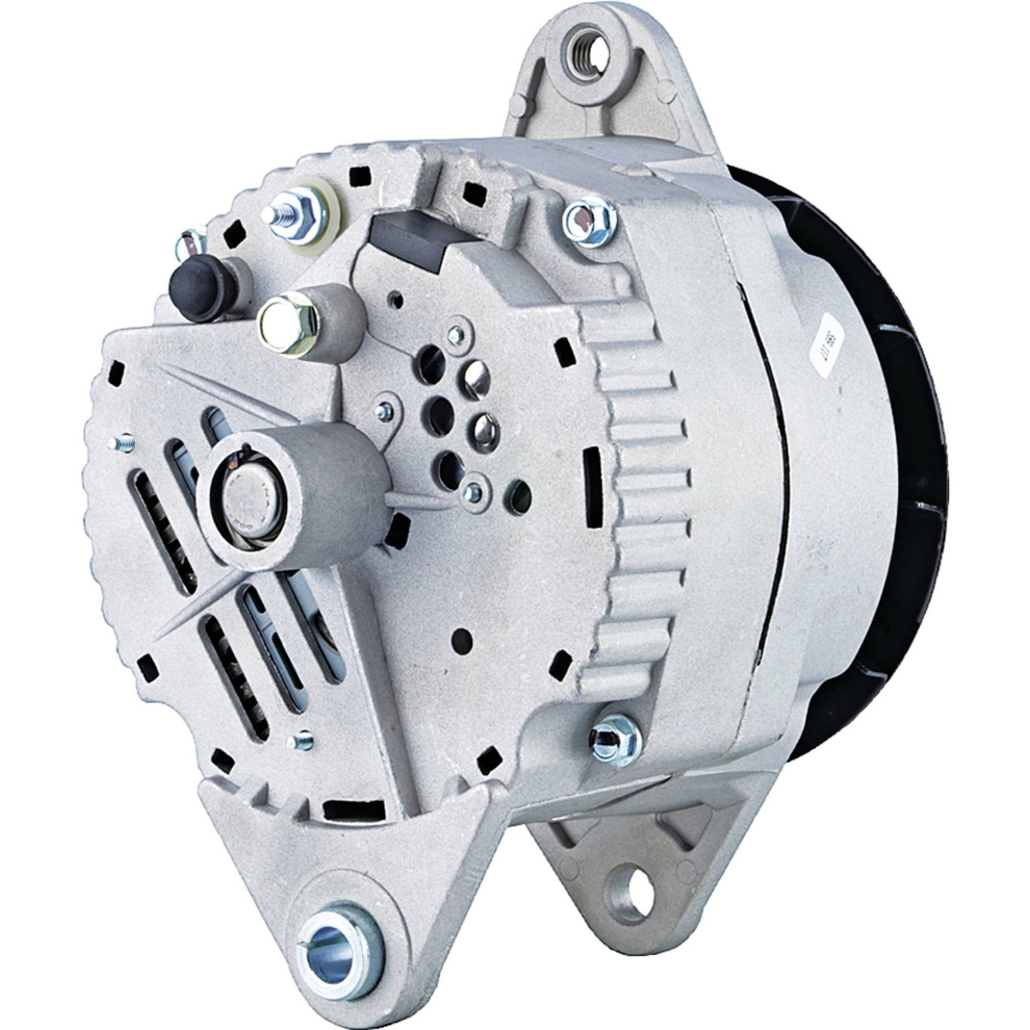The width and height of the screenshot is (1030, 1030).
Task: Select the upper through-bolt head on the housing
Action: [587, 220]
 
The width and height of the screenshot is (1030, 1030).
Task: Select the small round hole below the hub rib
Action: [462, 641]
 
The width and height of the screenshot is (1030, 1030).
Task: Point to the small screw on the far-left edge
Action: [124, 443]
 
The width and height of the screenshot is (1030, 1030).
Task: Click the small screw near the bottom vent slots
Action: [303, 739]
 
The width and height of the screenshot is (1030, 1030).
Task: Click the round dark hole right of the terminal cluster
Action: [520, 493]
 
